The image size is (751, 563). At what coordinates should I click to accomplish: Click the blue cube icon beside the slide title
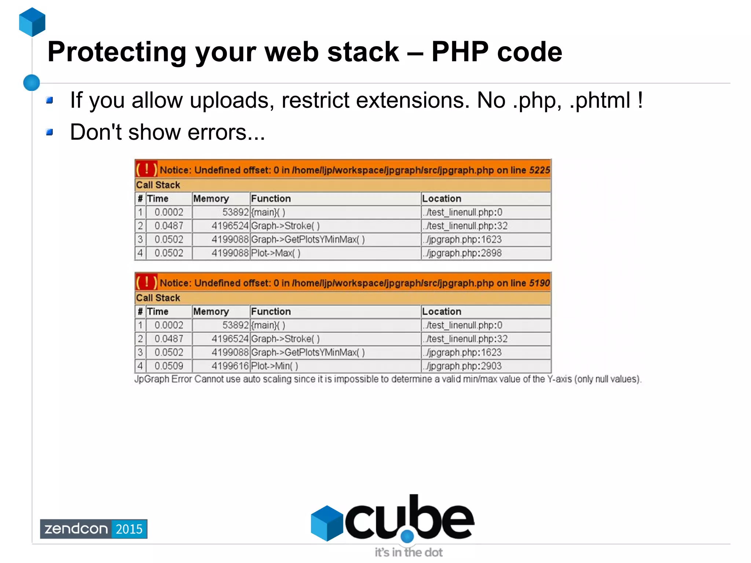[32, 22]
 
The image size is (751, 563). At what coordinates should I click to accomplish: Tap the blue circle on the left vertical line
[32, 83]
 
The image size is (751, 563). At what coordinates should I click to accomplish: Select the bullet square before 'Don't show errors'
[50, 132]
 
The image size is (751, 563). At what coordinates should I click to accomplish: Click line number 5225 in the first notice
[539, 170]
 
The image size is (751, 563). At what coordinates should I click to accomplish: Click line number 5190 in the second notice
[539, 283]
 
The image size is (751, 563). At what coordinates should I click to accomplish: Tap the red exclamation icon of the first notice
[146, 169]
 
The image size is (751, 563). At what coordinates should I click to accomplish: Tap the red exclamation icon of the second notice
[146, 282]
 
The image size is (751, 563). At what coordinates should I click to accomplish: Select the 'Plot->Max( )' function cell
[276, 253]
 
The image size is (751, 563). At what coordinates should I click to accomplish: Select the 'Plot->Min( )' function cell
[275, 366]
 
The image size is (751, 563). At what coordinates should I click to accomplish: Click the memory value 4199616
[230, 366]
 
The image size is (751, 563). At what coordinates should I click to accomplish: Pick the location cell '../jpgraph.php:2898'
[462, 253]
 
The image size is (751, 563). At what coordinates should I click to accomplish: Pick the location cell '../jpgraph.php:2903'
[462, 366]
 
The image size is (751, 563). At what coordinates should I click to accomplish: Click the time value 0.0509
[169, 366]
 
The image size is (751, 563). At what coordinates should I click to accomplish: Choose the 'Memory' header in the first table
[211, 198]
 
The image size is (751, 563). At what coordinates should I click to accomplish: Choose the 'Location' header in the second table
[442, 311]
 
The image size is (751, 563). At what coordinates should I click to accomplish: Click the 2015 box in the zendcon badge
[129, 529]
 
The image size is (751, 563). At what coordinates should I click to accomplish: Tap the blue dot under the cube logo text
[407, 536]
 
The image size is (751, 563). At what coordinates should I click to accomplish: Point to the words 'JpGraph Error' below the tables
[163, 379]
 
